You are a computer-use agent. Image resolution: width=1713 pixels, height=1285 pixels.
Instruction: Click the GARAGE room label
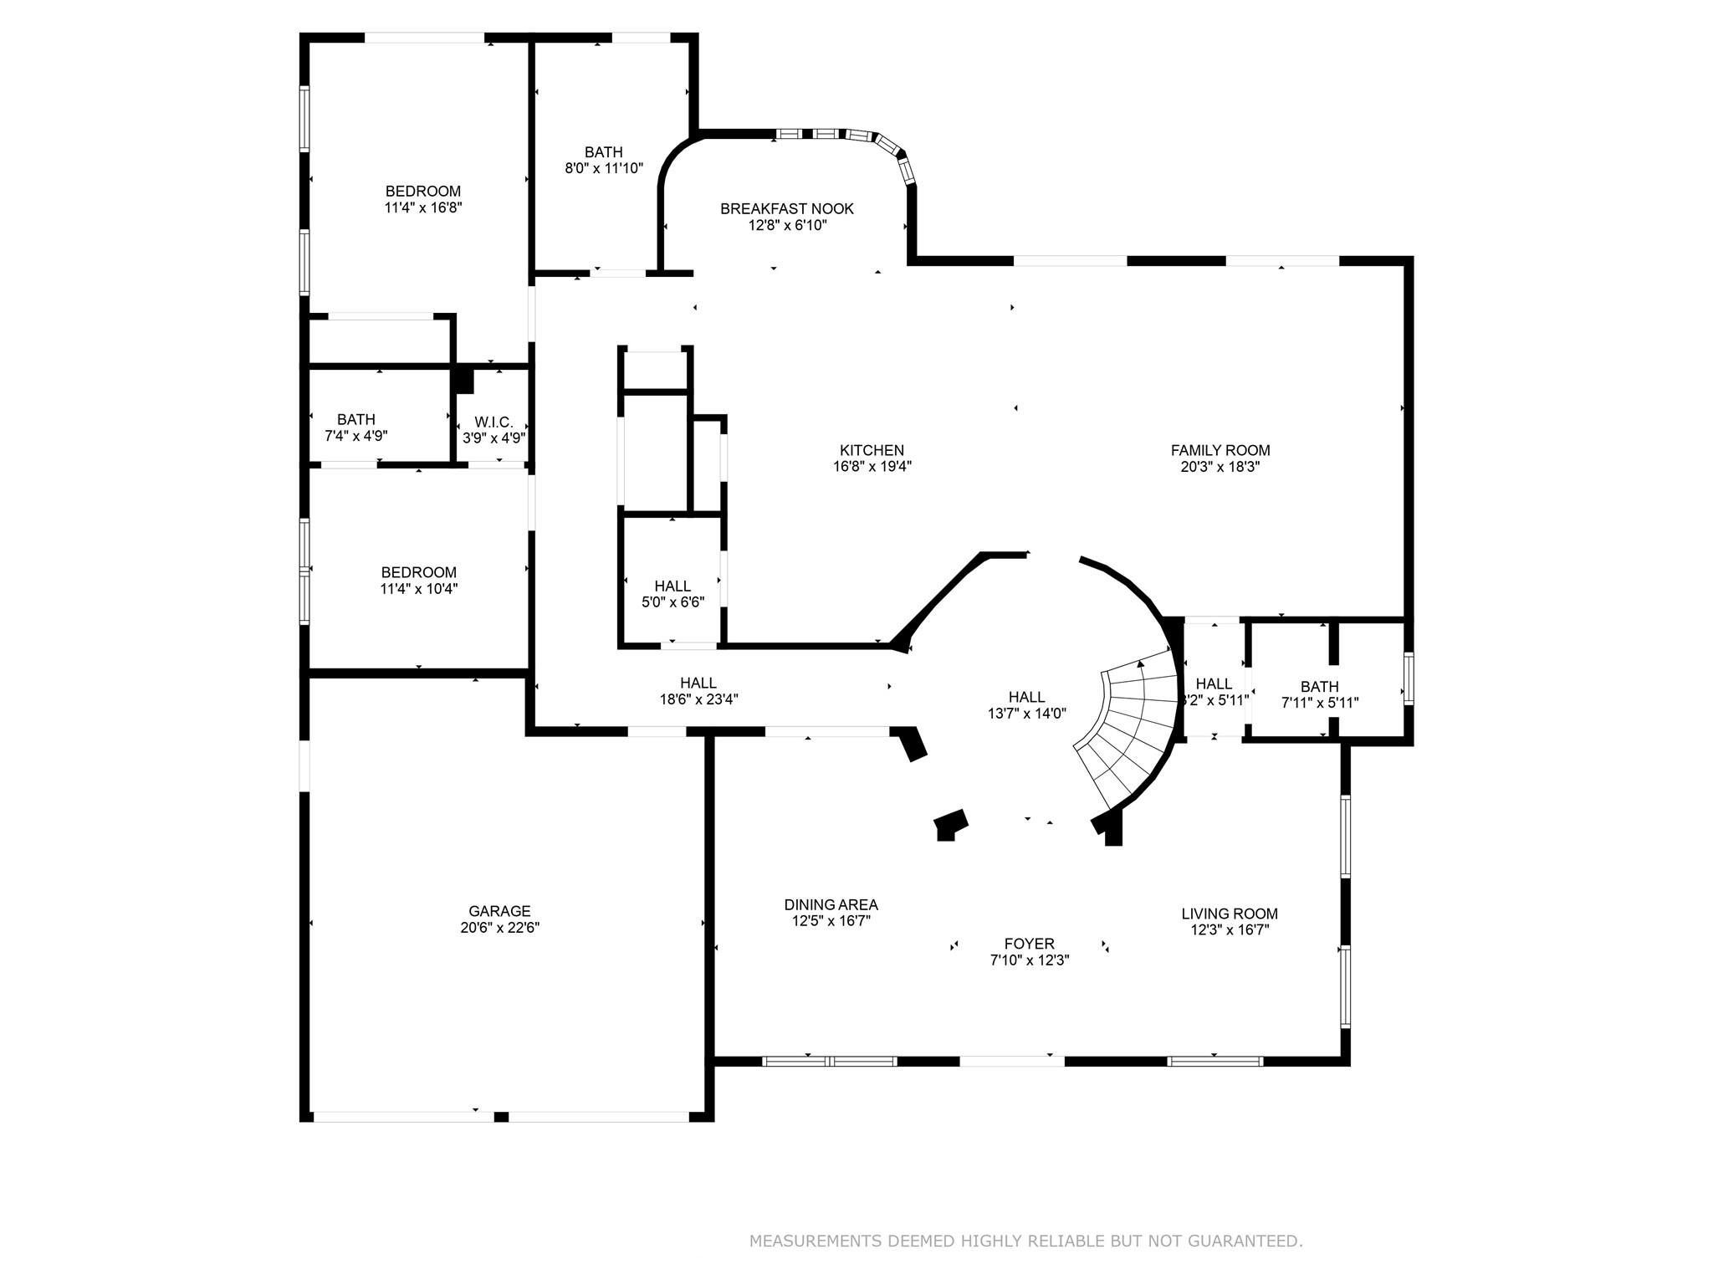click(x=499, y=911)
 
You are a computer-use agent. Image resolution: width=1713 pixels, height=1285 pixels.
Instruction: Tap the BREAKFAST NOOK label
click(x=786, y=208)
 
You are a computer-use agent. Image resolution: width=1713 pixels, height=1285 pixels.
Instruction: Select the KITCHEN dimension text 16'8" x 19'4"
click(x=872, y=467)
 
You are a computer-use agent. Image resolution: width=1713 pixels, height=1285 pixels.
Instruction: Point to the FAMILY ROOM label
click(x=1220, y=450)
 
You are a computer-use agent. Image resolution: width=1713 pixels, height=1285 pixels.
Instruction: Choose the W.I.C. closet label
click(x=493, y=422)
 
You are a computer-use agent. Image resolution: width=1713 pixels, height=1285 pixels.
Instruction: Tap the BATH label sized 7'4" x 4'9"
click(x=356, y=419)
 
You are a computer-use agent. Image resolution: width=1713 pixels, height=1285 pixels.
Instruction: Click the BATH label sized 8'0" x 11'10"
click(x=603, y=152)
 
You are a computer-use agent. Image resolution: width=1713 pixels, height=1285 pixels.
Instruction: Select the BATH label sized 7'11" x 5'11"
click(x=1319, y=687)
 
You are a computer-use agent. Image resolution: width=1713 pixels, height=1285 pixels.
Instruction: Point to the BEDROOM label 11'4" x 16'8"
click(x=422, y=191)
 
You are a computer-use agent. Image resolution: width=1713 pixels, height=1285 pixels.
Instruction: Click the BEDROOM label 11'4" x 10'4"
click(x=418, y=572)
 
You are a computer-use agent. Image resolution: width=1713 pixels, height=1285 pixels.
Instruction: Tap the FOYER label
click(x=1029, y=944)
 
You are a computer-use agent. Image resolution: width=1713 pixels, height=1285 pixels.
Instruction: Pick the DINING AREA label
click(x=831, y=904)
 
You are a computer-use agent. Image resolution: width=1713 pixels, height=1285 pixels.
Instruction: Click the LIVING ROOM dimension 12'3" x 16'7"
click(x=1230, y=929)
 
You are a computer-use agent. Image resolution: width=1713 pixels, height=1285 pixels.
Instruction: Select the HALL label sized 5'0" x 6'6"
click(x=672, y=586)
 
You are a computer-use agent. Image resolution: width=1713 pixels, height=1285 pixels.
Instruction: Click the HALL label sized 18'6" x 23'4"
click(x=698, y=683)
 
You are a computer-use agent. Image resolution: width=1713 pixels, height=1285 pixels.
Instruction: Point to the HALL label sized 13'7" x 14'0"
click(x=1026, y=697)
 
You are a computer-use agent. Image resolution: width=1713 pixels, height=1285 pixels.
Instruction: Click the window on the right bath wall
click(x=1409, y=678)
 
